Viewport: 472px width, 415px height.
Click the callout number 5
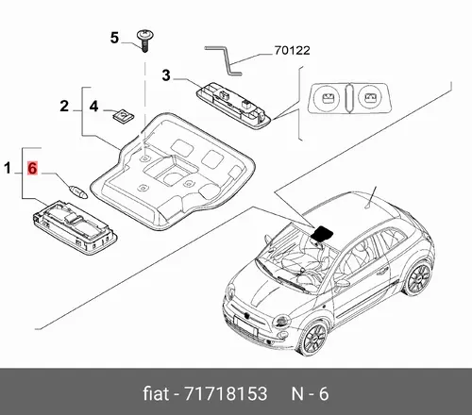[x=114, y=38]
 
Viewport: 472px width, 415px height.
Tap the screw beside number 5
[x=145, y=41]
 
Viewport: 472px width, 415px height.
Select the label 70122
[x=292, y=50]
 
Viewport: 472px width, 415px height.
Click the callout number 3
[x=166, y=75]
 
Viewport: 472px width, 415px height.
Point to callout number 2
[x=64, y=106]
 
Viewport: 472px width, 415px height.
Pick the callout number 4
[x=93, y=107]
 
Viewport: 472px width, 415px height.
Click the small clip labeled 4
[x=123, y=116]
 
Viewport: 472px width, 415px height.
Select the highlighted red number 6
[x=32, y=168]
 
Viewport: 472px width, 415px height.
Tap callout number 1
[x=8, y=168]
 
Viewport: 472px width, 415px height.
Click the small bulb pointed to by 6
[x=77, y=191]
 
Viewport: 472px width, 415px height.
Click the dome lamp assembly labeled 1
[x=75, y=227]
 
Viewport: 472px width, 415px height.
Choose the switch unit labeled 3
[x=233, y=105]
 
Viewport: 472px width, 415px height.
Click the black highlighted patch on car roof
[x=322, y=233]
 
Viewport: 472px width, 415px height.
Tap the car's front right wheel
[x=313, y=339]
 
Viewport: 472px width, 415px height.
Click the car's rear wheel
[x=418, y=279]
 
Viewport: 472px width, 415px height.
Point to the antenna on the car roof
[x=371, y=197]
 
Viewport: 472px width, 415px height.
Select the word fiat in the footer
[x=156, y=393]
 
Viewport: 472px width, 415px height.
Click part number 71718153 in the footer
[x=226, y=393]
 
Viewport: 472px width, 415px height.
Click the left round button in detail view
[x=328, y=97]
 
